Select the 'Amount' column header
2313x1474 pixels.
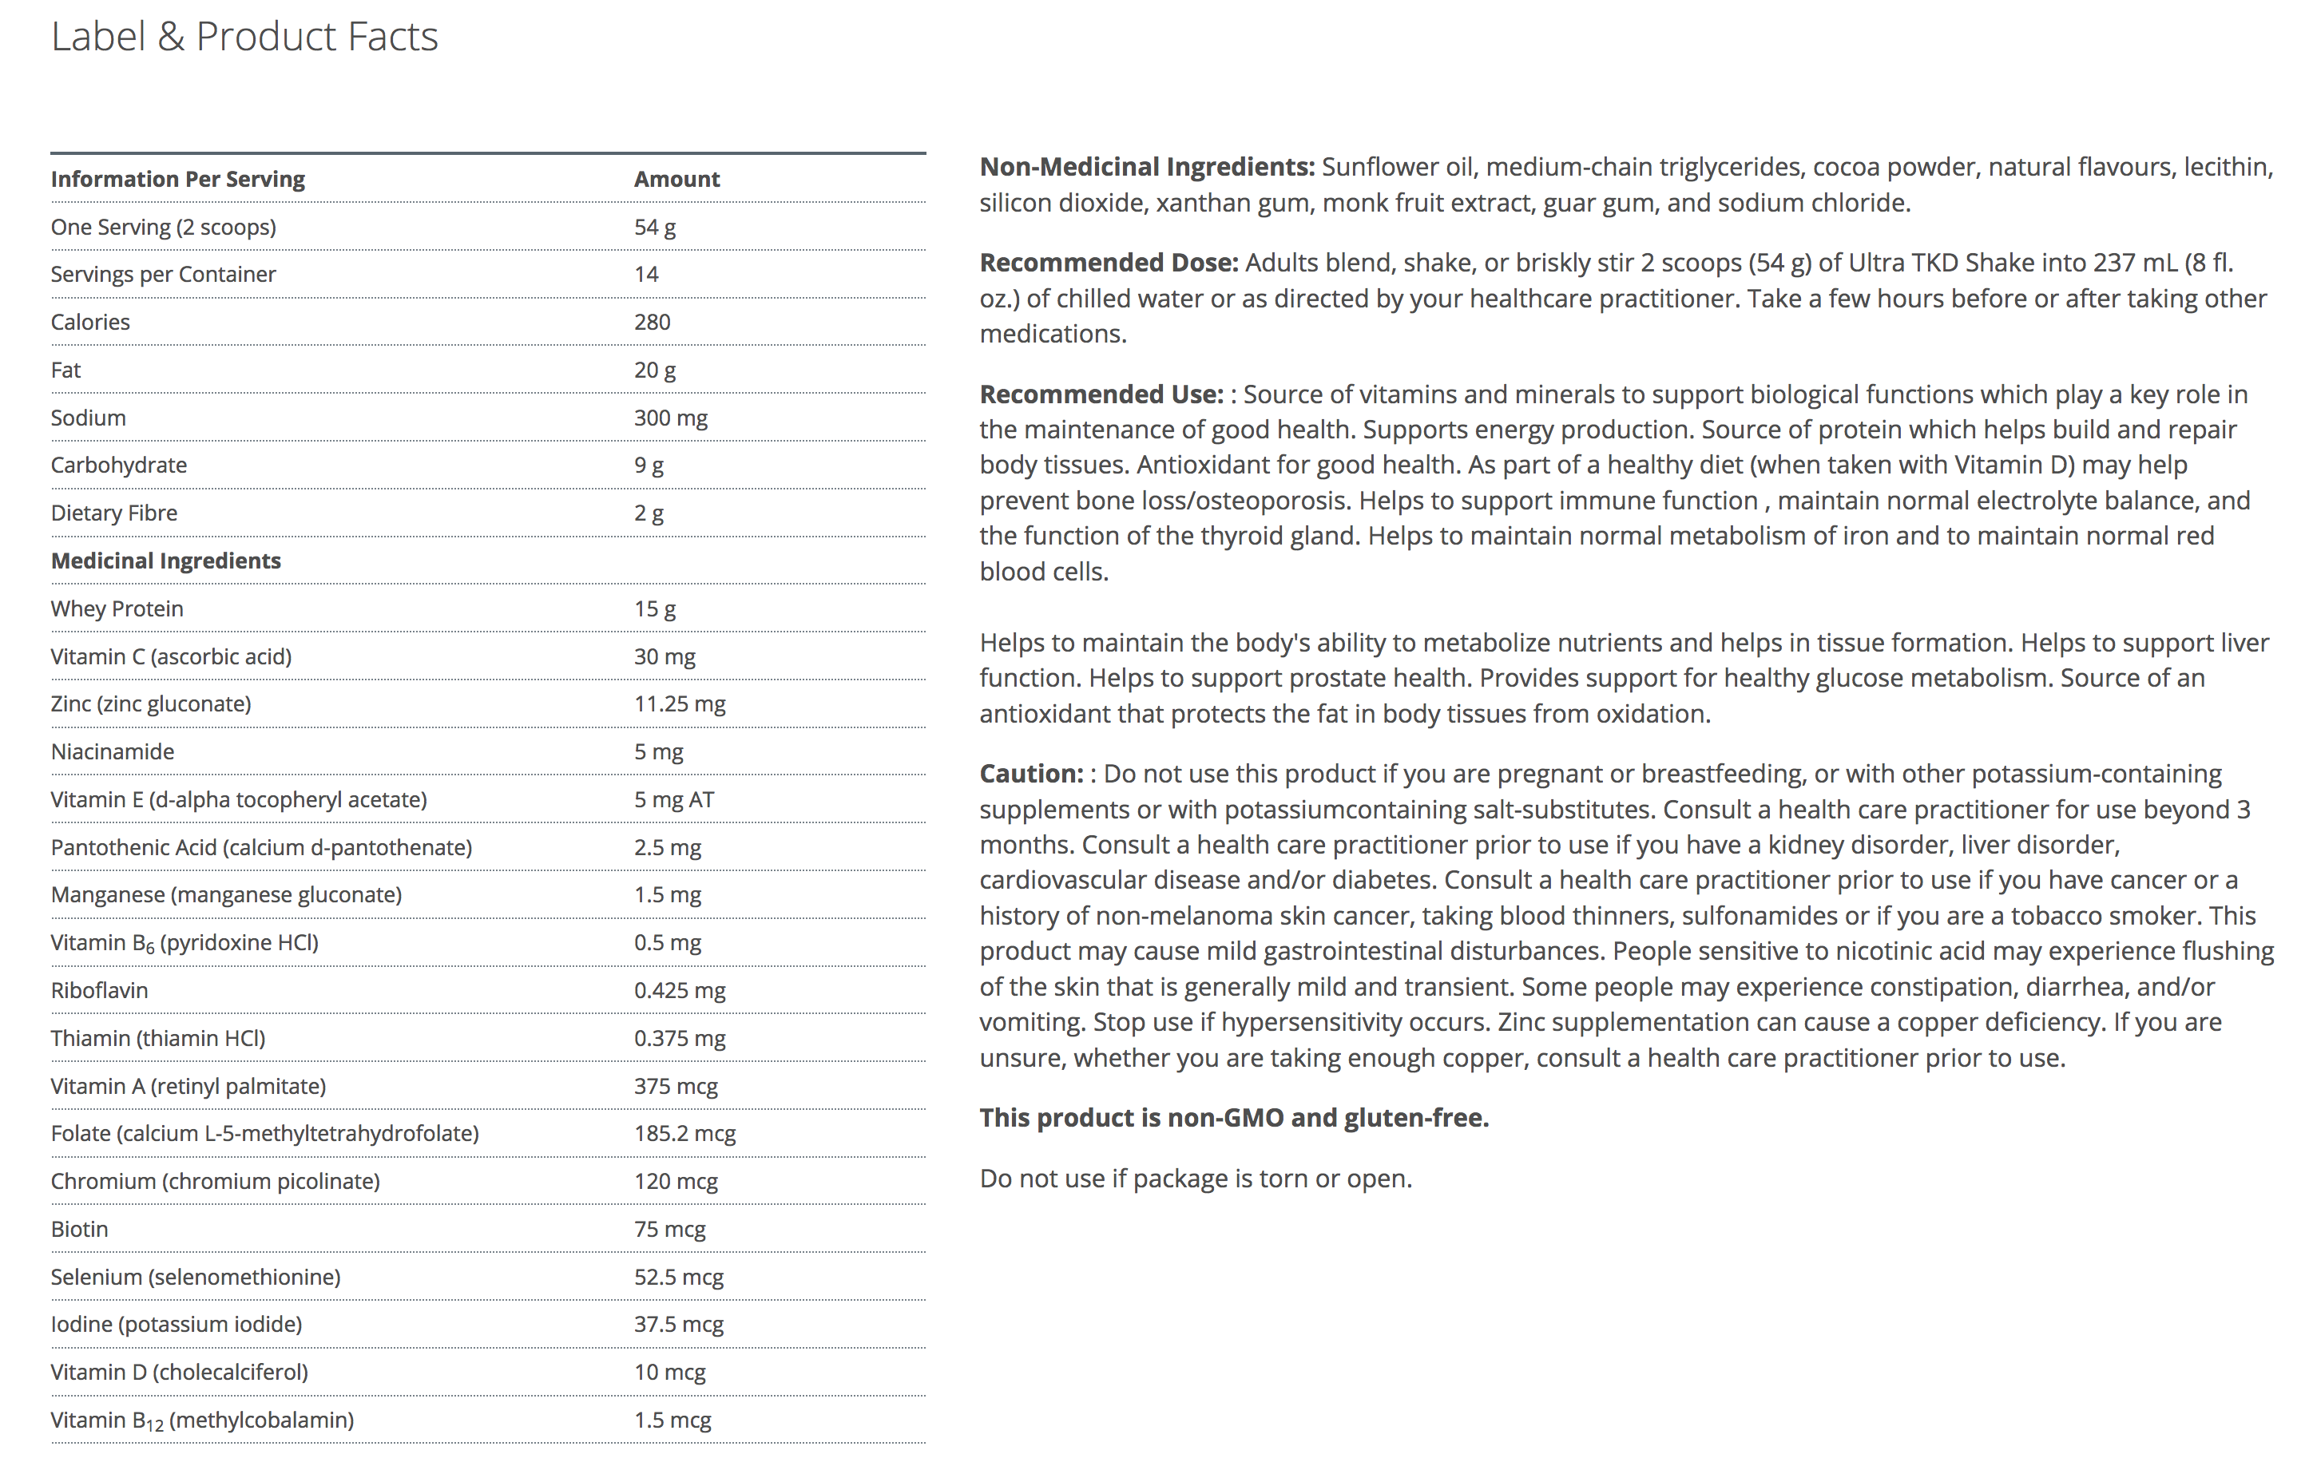point(676,179)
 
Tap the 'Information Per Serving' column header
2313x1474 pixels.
point(177,179)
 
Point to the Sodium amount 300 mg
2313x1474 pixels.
point(670,418)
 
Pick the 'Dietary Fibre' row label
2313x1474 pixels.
point(113,513)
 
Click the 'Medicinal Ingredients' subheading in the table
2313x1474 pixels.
point(165,561)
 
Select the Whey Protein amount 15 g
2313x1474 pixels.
point(654,608)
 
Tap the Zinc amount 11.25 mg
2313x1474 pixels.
point(679,704)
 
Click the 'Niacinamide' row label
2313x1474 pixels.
point(113,752)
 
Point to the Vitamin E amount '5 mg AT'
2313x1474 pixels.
point(673,800)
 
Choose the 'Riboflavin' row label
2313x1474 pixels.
point(99,990)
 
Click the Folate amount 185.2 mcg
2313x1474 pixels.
point(684,1133)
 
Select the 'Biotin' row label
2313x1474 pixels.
point(79,1229)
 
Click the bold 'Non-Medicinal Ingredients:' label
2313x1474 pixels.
point(1146,167)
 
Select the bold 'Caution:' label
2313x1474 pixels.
point(1030,773)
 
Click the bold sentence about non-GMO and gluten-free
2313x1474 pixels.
point(1233,1118)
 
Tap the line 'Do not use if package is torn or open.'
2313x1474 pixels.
point(1195,1179)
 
